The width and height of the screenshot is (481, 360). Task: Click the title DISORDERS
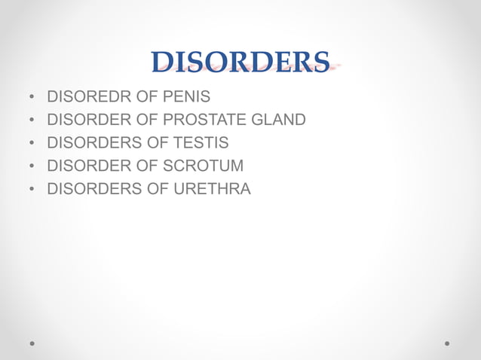pos(240,63)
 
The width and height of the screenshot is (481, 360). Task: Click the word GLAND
pos(280,120)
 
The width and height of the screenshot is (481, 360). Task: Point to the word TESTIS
pos(198,143)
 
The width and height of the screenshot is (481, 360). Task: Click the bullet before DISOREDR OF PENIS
pos(32,98)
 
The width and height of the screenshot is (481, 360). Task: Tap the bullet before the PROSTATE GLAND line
pos(32,121)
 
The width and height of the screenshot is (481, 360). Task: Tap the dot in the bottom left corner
pos(32,343)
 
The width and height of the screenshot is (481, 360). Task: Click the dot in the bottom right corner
pos(447,343)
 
